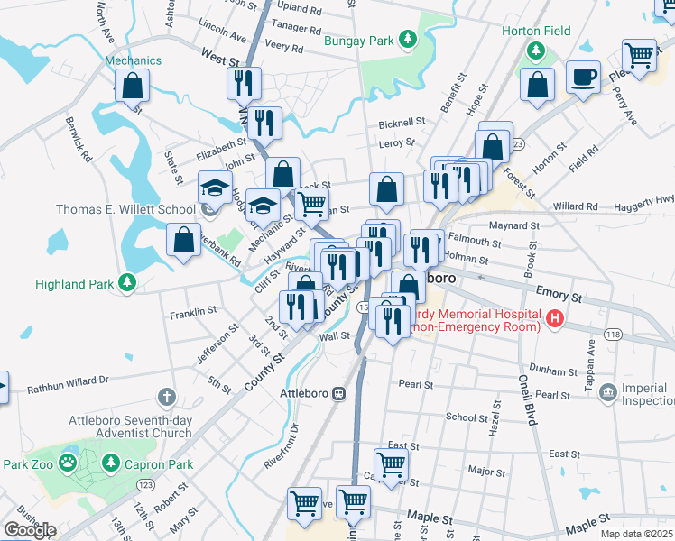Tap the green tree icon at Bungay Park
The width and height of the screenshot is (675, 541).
pos(408,39)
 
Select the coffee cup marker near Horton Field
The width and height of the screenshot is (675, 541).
pos(583,77)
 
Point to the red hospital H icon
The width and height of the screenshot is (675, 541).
pos(555,318)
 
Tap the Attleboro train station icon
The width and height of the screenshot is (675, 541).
pos(339,394)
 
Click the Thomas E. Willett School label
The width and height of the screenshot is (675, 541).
pos(125,210)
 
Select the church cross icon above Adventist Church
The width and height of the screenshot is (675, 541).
pos(166,397)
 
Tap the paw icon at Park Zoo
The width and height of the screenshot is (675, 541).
pos(68,463)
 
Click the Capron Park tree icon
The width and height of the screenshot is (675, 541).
pos(111,463)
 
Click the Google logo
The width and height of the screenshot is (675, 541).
pos(30,530)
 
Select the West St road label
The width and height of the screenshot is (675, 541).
pos(219,59)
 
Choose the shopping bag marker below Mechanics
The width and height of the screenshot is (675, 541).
pos(132,86)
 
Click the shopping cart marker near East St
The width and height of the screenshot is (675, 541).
pos(391,465)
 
